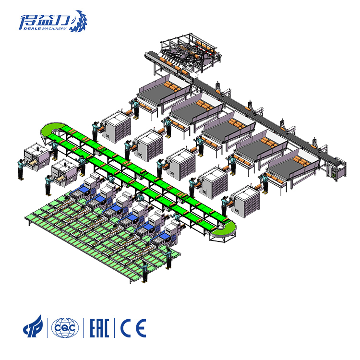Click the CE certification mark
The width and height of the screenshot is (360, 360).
[133, 328]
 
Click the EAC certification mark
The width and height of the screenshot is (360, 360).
[99, 328]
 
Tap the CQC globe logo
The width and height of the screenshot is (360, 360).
[65, 328]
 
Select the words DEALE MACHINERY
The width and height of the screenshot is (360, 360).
[45, 28]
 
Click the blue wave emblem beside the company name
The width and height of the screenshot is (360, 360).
[79, 21]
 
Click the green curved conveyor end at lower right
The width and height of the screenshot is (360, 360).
[224, 229]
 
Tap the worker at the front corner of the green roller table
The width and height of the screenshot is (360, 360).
[144, 272]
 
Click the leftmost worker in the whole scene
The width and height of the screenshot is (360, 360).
[21, 169]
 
